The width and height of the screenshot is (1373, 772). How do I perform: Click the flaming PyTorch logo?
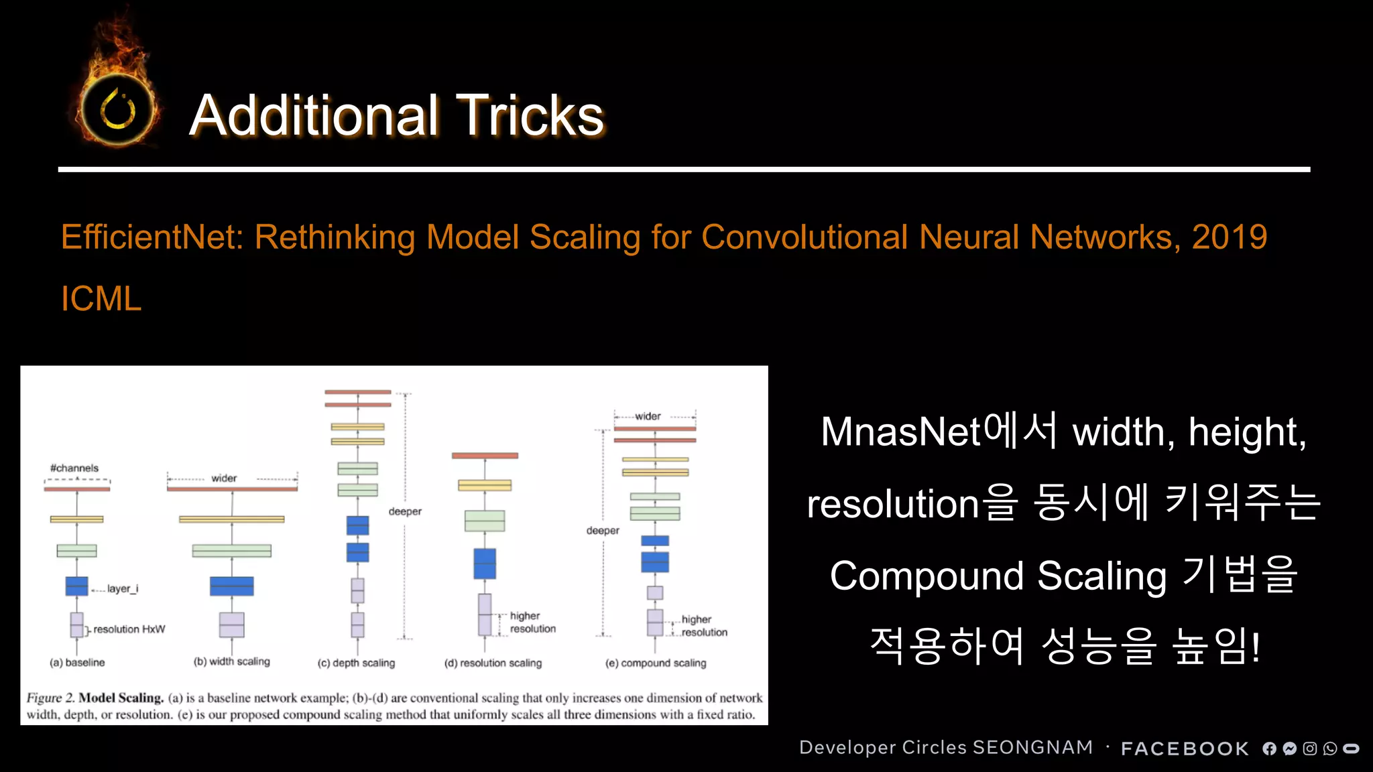point(118,107)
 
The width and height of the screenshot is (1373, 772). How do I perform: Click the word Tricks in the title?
point(530,115)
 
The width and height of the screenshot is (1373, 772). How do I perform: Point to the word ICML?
point(101,299)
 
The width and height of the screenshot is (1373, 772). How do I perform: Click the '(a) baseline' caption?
point(77,663)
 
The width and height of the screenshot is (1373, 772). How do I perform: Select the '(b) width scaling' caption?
point(231,661)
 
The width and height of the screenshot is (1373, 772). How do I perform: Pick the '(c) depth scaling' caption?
point(356,663)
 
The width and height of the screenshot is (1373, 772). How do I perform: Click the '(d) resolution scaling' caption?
point(493,663)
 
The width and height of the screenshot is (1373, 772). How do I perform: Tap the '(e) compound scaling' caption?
point(656,663)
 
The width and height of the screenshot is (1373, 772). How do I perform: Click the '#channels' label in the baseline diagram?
point(74,468)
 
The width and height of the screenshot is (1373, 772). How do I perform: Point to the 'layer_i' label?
point(123,588)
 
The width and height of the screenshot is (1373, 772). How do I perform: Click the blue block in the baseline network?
point(76,586)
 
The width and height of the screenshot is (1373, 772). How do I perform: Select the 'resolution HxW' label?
point(129,629)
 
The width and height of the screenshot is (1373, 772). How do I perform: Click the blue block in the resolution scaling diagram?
point(485,564)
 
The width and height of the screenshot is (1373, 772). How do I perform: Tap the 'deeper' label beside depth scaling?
point(405,511)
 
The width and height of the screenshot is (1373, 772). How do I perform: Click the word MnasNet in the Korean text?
point(900,432)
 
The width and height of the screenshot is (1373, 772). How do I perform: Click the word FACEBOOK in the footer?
point(1185,749)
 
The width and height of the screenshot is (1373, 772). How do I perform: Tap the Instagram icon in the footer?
point(1310,749)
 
